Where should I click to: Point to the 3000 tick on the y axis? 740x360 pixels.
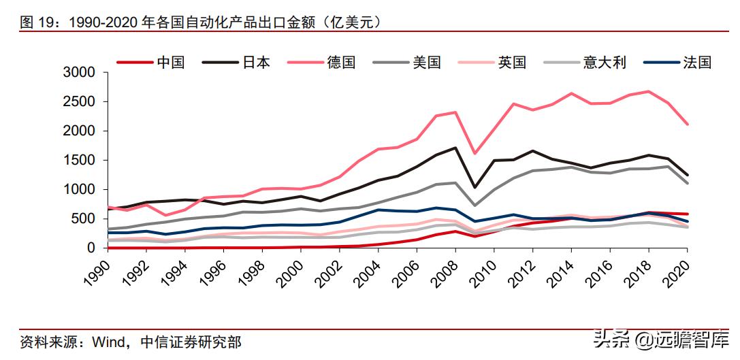point(84,73)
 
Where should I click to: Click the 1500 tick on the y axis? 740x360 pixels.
point(84,161)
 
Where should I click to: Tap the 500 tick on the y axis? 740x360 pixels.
point(88,219)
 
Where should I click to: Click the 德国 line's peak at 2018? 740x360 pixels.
point(648,91)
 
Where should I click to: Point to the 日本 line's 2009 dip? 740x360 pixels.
point(474,187)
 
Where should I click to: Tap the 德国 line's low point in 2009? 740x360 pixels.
point(474,153)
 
